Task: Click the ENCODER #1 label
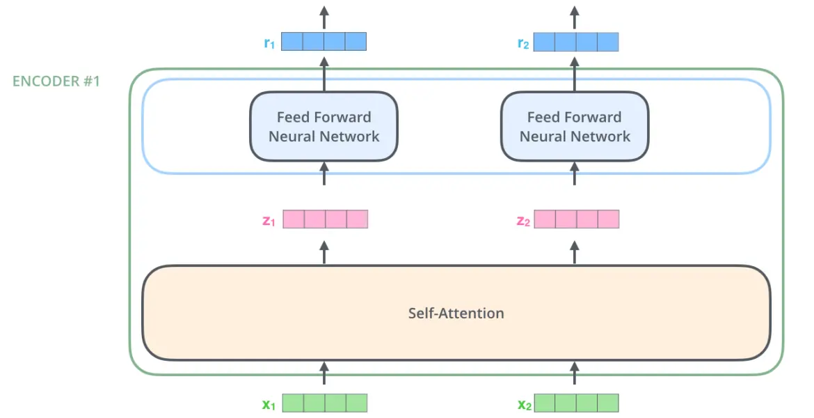pyautogui.click(x=56, y=81)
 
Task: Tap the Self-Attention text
pyautogui.click(x=456, y=313)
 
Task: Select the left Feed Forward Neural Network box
pyautogui.click(x=324, y=126)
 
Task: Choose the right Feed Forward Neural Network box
pyautogui.click(x=575, y=126)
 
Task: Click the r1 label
pyautogui.click(x=269, y=42)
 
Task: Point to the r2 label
pyautogui.click(x=522, y=42)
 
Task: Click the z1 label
pyautogui.click(x=269, y=220)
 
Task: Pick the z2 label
pyautogui.click(x=522, y=220)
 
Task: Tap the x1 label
pyautogui.click(x=269, y=404)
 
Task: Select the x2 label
pyautogui.click(x=525, y=404)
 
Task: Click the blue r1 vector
pyautogui.click(x=324, y=42)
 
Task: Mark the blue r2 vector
pyautogui.click(x=576, y=42)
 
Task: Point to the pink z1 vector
pyautogui.click(x=326, y=219)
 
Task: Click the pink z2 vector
pyautogui.click(x=577, y=219)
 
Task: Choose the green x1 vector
pyautogui.click(x=325, y=403)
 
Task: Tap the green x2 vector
pyautogui.click(x=576, y=403)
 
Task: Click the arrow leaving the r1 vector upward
pyautogui.click(x=324, y=17)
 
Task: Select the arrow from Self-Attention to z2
pyautogui.click(x=574, y=252)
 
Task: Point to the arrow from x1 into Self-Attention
pyautogui.click(x=324, y=373)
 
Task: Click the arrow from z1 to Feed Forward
pyautogui.click(x=324, y=173)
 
